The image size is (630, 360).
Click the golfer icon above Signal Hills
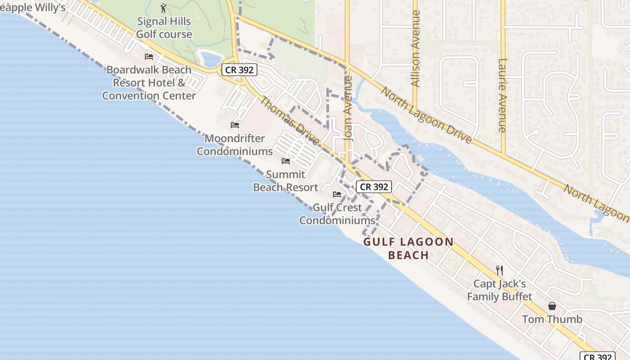tap(163, 8)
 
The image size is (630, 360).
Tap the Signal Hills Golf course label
tap(164, 28)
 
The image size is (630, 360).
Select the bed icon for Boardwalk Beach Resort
tap(149, 57)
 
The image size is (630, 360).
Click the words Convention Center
tap(149, 96)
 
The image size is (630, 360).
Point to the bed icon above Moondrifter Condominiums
tap(235, 125)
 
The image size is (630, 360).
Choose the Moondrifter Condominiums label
tap(235, 145)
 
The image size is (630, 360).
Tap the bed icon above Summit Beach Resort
tap(286, 161)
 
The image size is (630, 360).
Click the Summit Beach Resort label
tap(286, 181)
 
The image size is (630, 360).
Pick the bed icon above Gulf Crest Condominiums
tap(337, 194)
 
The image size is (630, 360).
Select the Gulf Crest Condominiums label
tap(337, 214)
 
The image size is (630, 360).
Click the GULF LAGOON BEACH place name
tap(409, 248)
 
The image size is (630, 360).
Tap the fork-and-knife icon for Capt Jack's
tap(499, 270)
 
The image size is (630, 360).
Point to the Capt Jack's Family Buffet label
tap(499, 290)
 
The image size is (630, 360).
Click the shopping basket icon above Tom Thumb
tap(552, 306)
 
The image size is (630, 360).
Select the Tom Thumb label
tap(552, 319)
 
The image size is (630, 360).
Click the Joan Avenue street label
tap(348, 109)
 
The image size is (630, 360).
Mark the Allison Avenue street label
tap(416, 49)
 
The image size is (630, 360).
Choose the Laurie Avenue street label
tap(503, 95)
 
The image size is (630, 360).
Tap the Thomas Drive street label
tap(290, 121)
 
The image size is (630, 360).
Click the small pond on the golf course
tap(211, 59)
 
